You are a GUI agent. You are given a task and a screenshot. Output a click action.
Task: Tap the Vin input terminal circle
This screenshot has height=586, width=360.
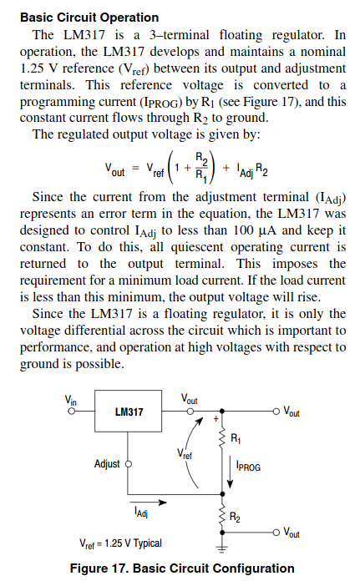pyautogui.click(x=71, y=411)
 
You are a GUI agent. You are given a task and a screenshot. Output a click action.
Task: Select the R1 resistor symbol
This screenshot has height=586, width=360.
pyautogui.click(x=222, y=438)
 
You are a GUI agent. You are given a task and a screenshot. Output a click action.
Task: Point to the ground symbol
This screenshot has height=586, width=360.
pyautogui.click(x=222, y=548)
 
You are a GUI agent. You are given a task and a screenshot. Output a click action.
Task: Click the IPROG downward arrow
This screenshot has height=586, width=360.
pyautogui.click(x=230, y=472)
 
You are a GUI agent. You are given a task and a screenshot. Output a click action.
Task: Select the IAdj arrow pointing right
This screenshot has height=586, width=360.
pyautogui.click(x=148, y=503)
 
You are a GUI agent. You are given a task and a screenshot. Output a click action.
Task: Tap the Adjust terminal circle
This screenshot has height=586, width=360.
pyautogui.click(x=128, y=464)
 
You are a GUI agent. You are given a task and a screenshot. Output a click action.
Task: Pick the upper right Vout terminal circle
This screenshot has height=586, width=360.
pyautogui.click(x=276, y=411)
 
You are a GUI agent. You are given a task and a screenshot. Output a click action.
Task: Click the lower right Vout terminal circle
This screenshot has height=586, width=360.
pyautogui.click(x=276, y=533)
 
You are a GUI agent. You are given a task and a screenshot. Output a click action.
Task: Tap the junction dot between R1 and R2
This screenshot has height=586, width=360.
pyautogui.click(x=222, y=494)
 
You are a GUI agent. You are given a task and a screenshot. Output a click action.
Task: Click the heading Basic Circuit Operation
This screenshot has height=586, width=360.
pyautogui.click(x=89, y=18)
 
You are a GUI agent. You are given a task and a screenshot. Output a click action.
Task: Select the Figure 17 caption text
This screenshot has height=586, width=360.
pyautogui.click(x=182, y=568)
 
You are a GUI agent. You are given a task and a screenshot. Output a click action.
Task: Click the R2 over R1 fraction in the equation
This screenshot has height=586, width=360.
pyautogui.click(x=202, y=166)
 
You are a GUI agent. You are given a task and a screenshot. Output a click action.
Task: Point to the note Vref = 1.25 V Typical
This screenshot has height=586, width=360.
pyautogui.click(x=120, y=543)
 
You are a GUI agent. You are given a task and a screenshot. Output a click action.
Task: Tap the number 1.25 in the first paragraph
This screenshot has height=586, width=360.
pyautogui.click(x=32, y=68)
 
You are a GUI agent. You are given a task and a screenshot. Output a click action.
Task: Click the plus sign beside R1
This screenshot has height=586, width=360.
pyautogui.click(x=215, y=419)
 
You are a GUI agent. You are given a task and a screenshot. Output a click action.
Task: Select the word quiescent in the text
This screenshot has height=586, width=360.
pyautogui.click(x=197, y=247)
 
